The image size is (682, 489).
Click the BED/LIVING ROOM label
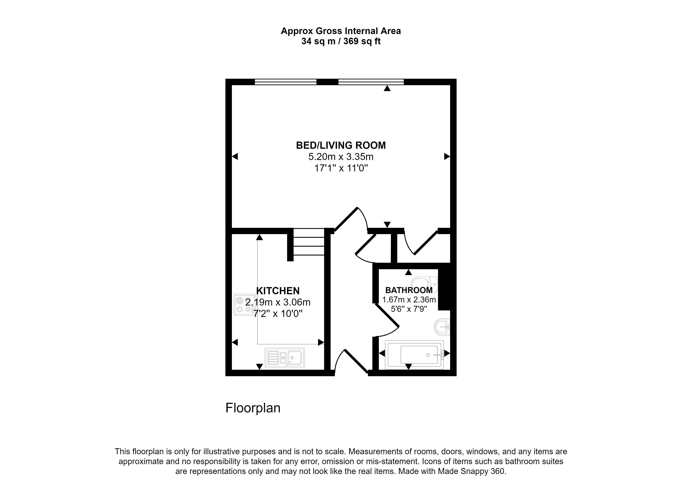tap(341, 146)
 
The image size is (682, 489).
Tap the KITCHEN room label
tap(278, 291)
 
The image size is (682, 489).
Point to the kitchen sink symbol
tap(284, 358)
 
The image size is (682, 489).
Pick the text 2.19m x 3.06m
tap(278, 302)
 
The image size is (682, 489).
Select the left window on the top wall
tap(285, 82)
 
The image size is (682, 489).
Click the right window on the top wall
tap(371, 82)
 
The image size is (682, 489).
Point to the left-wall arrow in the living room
tap(235, 156)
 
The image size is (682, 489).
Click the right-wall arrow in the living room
tap(447, 156)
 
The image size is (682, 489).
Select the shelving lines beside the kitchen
tap(309, 242)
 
